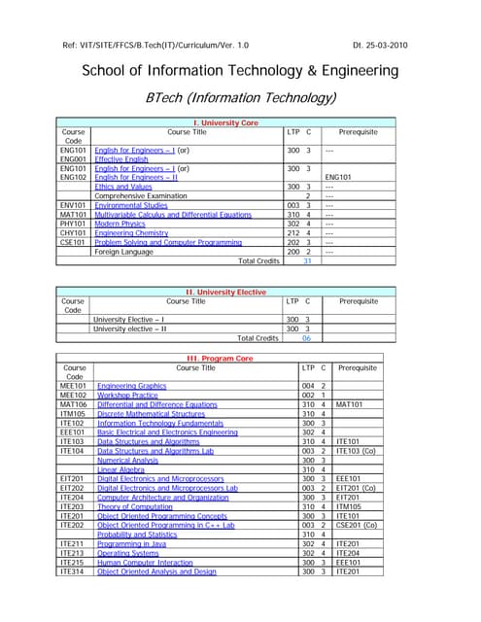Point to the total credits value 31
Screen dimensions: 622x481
(x=307, y=260)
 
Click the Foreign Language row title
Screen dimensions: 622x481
(x=123, y=252)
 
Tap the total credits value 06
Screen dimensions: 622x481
(x=306, y=337)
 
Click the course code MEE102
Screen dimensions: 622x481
(x=74, y=396)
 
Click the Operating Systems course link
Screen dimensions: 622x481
(x=127, y=553)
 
